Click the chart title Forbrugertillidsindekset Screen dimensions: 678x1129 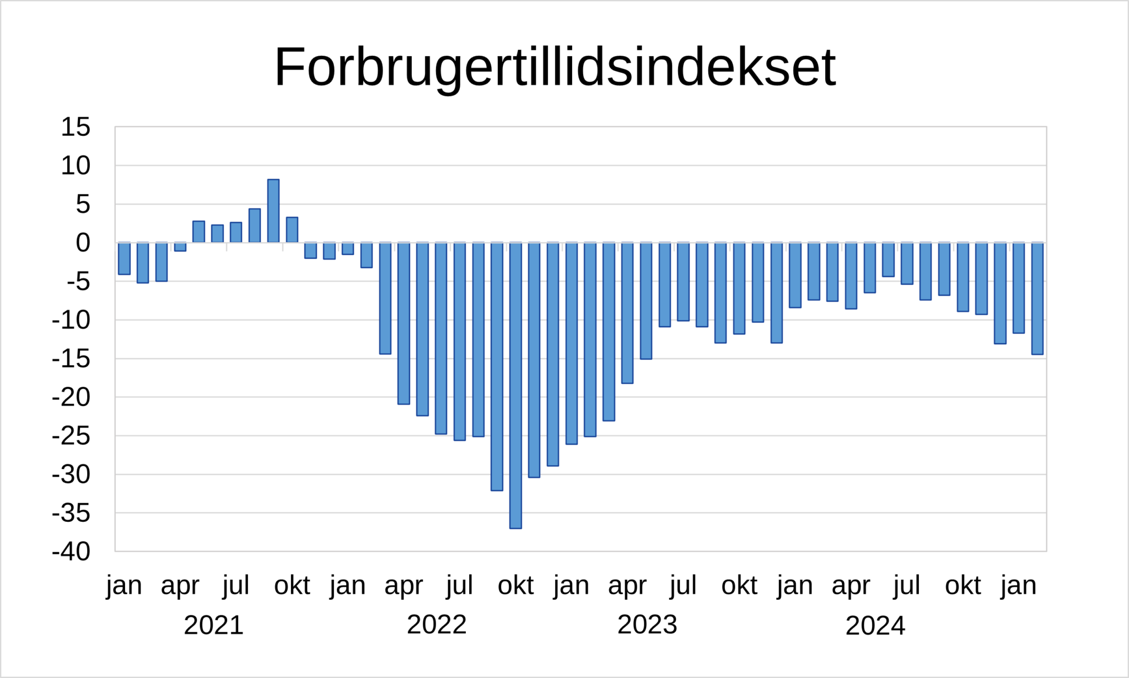pos(555,67)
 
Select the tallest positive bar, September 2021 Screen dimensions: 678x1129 pos(273,211)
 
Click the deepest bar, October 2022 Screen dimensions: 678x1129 pos(515,385)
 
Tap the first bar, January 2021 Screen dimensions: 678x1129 pos(124,258)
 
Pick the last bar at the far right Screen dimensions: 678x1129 pos(1037,298)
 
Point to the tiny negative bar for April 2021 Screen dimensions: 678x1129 pos(180,247)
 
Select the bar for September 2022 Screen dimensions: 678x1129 pos(497,366)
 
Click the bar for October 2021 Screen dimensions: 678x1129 pos(292,229)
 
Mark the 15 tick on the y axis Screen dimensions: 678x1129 pos(76,127)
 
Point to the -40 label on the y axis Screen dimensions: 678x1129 pos(71,551)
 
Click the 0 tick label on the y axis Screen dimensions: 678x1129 pos(83,243)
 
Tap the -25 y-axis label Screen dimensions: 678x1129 pos(71,436)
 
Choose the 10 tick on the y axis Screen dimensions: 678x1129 pos(76,166)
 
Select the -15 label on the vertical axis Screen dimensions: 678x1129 pos(71,359)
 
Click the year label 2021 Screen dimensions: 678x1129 pos(213,625)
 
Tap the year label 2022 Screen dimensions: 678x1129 pos(437,624)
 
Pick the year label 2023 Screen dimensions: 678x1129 pos(647,624)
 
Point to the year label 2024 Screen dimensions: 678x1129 pos(875,626)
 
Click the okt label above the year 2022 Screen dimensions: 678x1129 pos(515,585)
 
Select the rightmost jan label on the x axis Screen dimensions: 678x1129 pos(1018,585)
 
